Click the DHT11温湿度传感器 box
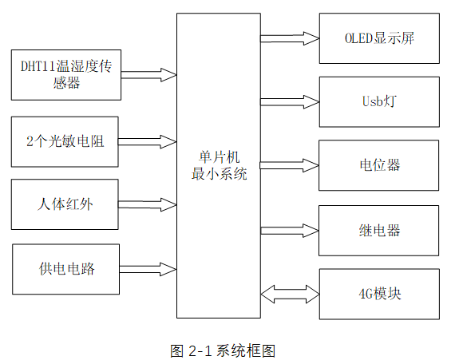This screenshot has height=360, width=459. pos(66,74)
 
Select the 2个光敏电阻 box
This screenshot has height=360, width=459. pos(66,141)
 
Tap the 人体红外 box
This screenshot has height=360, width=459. pos(66,204)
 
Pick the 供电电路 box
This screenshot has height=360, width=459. pos(66,269)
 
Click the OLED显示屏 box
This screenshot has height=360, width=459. pos(378,38)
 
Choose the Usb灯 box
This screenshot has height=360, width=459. pos(378,101)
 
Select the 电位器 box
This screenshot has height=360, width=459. pos(378,165)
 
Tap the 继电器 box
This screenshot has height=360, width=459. pos(378,230)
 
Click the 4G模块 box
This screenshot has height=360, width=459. pos(378,293)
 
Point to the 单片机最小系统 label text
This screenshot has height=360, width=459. pos(219,165)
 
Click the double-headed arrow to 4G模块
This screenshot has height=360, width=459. pos(289,293)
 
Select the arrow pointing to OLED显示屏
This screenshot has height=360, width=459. pos(289,38)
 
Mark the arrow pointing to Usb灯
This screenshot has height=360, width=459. pos(289,101)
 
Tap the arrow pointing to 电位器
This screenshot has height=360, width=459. pos(289,165)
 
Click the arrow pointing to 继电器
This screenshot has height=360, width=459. pos(289,230)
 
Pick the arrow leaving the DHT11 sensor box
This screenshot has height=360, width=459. pos(148,75)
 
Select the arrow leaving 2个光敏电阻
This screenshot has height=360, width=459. pos(148,141)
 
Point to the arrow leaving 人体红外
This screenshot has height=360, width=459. pos(148,204)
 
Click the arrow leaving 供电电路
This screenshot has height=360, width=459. pos(148,268)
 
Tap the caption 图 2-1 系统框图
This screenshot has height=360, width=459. pos(223,350)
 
